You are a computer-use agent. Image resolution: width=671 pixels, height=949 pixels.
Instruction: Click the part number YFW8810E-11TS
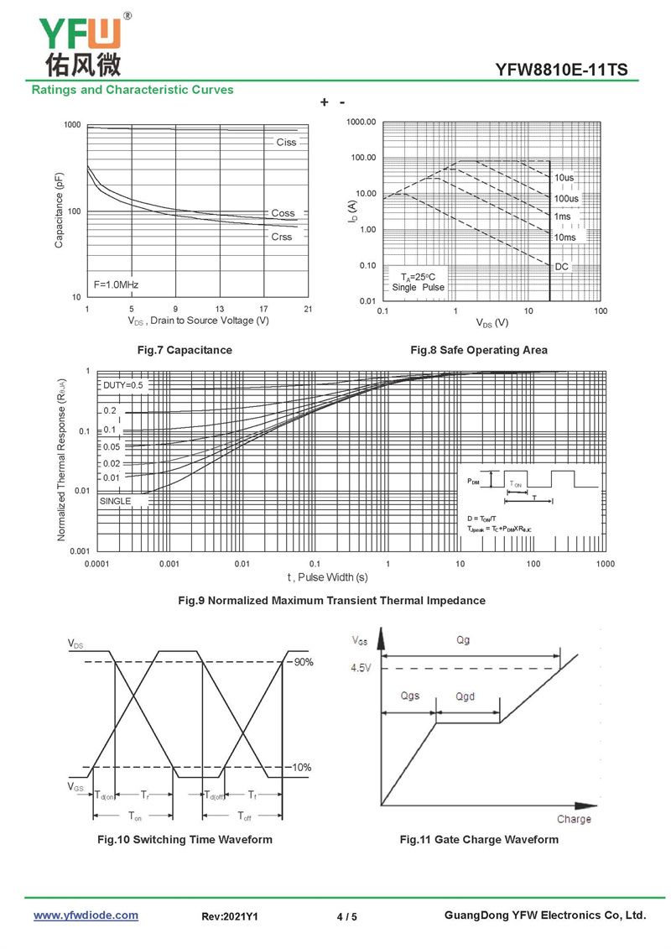tap(561, 70)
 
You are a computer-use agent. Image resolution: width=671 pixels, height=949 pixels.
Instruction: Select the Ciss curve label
tap(286, 143)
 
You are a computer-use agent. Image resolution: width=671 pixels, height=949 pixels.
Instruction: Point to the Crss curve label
tap(282, 237)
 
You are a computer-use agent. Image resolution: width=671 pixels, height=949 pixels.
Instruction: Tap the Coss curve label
tap(283, 214)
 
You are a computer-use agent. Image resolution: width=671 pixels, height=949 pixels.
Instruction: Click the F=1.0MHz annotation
tap(116, 284)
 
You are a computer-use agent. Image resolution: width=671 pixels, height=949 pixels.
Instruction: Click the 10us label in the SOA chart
tap(564, 178)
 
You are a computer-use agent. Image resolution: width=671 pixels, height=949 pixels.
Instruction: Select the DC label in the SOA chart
tap(562, 266)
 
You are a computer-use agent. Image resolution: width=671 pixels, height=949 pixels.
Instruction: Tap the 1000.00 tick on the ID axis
tap(362, 123)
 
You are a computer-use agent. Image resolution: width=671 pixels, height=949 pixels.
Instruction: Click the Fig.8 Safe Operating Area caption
tap(478, 350)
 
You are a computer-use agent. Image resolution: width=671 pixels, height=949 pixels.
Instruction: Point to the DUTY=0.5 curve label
tap(122, 385)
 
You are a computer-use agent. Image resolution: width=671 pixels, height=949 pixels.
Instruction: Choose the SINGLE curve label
tap(116, 501)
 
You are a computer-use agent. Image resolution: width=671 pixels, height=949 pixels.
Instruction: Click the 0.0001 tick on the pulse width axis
tap(97, 564)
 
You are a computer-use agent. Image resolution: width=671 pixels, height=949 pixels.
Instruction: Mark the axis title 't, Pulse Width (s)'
tap(327, 577)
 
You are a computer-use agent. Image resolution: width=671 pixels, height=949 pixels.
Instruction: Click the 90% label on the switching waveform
tap(303, 662)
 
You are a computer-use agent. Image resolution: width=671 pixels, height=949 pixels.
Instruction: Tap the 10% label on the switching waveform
tap(302, 768)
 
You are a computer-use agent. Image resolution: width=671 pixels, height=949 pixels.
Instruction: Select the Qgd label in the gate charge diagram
tap(465, 696)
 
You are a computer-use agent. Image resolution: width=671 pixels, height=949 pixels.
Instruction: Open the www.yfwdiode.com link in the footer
tap(86, 915)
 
